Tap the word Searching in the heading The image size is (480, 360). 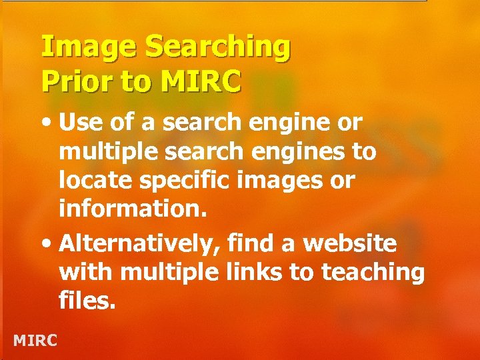click(x=217, y=49)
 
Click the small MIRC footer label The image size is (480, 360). click(x=35, y=341)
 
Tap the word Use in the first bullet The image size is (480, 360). click(x=79, y=123)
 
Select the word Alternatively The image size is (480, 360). click(x=140, y=245)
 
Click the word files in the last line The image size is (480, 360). click(x=87, y=301)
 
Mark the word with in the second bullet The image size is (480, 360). click(x=82, y=273)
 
